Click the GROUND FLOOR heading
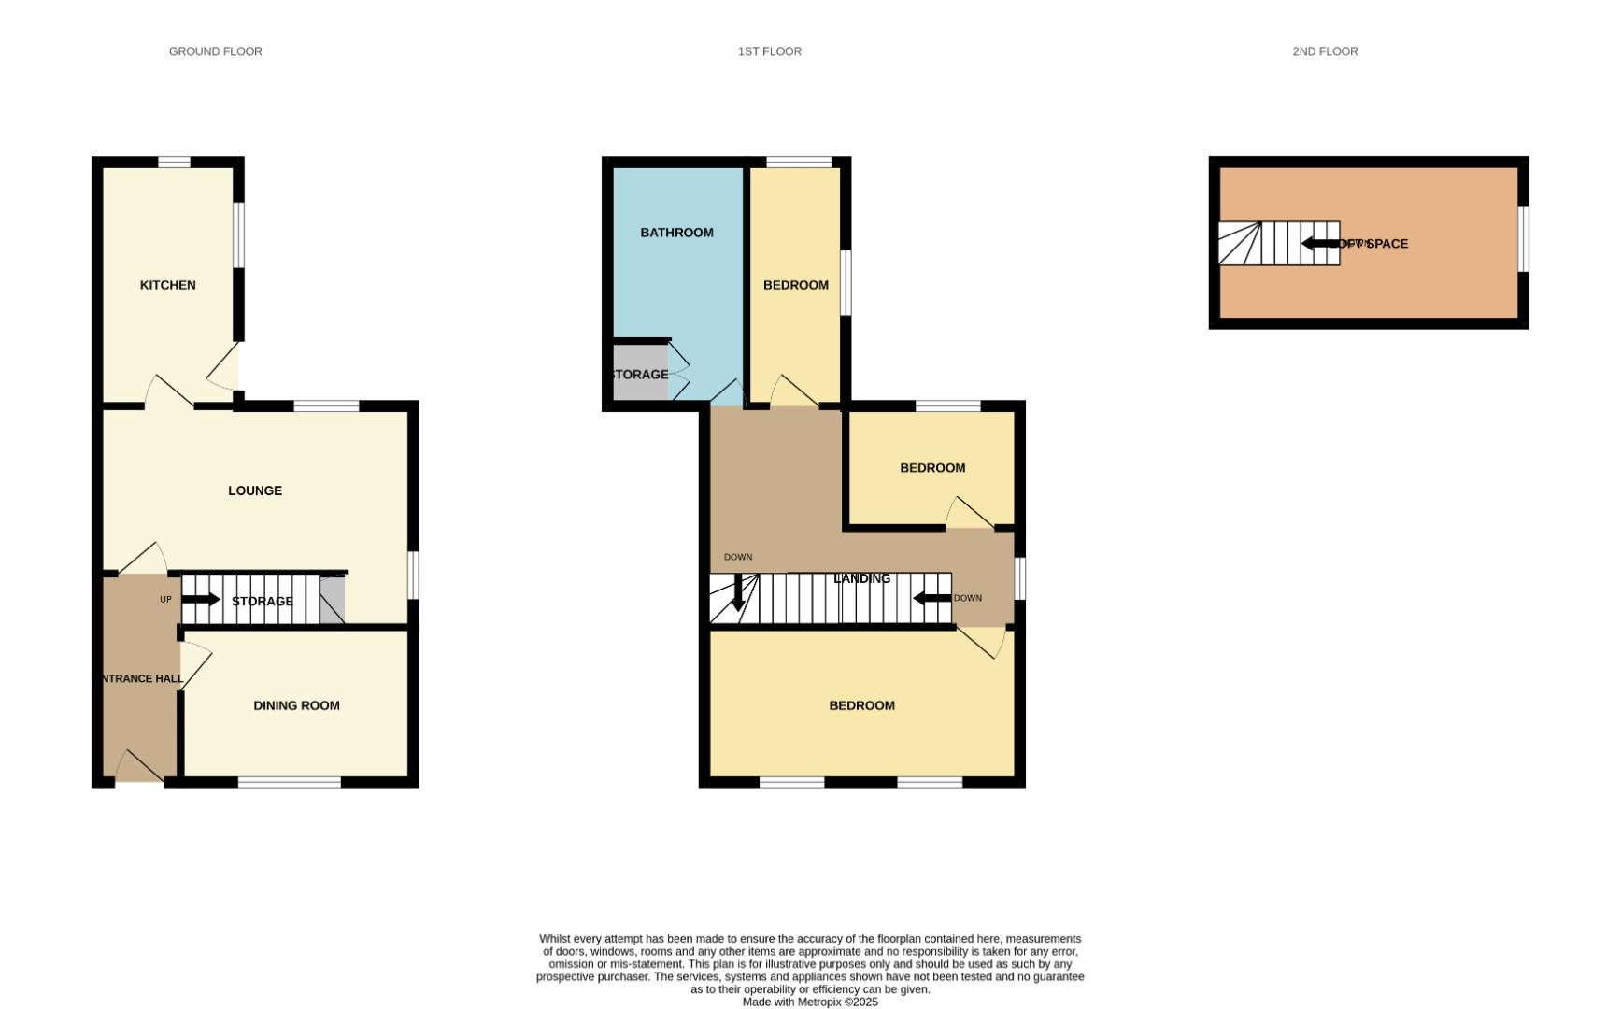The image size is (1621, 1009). [215, 51]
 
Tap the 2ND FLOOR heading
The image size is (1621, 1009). [1324, 51]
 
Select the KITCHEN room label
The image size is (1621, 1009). [167, 285]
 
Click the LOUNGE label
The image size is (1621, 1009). [254, 490]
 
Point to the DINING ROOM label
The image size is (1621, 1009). [296, 705]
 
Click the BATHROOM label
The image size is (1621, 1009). [676, 233]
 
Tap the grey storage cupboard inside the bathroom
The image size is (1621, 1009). [640, 374]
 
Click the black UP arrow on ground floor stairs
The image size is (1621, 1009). [201, 600]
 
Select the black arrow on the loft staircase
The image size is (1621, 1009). [1320, 244]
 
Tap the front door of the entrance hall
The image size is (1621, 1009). [139, 768]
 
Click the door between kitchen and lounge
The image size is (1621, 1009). [169, 392]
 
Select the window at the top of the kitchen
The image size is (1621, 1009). [174, 162]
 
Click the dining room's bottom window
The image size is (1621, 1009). [289, 782]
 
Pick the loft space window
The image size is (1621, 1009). [1523, 240]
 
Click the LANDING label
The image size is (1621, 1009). [861, 578]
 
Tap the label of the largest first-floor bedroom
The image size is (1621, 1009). [861, 705]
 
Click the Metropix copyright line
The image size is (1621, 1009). [809, 1002]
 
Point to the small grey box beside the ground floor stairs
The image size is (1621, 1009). [332, 601]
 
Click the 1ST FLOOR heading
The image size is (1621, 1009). [769, 51]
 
